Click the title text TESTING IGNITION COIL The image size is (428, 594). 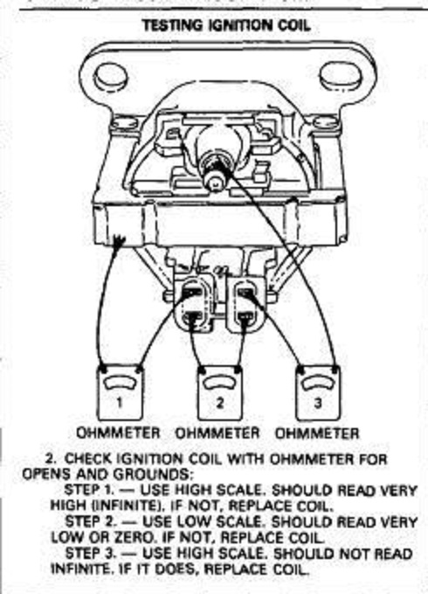point(226,25)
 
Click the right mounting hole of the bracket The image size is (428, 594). point(337,76)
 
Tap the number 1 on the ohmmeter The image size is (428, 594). point(120,402)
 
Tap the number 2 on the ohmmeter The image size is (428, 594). point(220,402)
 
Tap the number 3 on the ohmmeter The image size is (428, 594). point(318,402)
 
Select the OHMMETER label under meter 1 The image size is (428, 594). point(118,432)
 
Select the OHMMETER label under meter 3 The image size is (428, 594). point(317,433)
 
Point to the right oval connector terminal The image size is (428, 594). point(245,306)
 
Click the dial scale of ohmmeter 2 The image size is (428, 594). point(220,383)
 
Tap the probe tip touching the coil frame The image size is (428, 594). point(120,241)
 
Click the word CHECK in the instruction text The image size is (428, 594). point(88,459)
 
